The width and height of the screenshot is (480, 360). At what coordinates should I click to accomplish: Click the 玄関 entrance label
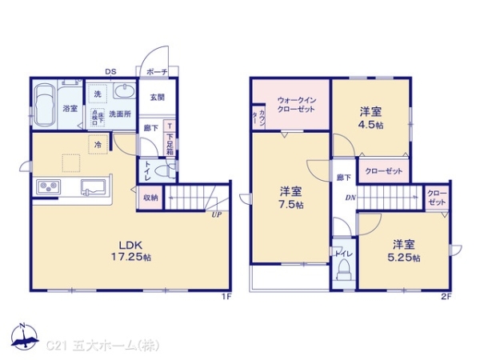click(x=156, y=98)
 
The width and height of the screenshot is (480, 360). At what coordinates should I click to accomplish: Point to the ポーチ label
click(x=156, y=72)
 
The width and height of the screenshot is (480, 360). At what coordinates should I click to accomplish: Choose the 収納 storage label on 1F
click(x=150, y=197)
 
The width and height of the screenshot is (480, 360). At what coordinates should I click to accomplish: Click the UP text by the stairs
click(x=216, y=214)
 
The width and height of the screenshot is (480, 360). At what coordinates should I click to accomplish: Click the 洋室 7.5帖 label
click(x=290, y=198)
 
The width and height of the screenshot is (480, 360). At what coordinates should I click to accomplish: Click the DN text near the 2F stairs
click(x=350, y=198)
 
